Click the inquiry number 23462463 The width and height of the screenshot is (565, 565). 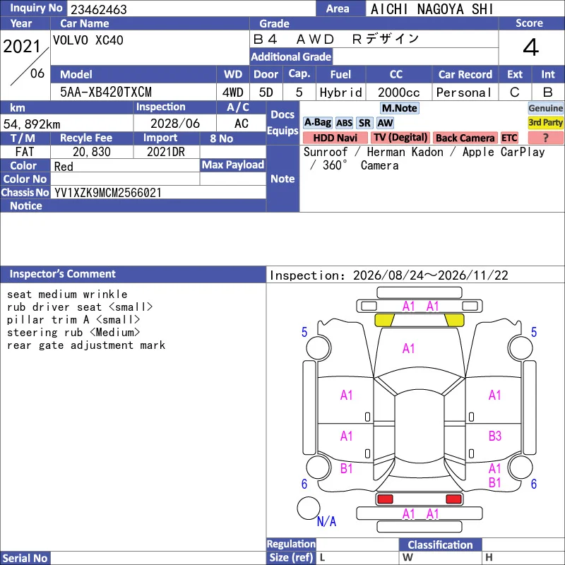point(98,9)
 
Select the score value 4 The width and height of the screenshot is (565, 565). point(531,47)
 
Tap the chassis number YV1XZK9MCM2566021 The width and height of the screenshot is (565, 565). point(108,193)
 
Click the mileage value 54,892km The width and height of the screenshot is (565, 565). point(32,124)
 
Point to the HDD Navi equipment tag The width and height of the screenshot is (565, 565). point(335,138)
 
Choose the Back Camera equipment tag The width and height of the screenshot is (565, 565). point(465,138)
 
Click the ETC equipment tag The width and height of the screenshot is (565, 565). point(509,138)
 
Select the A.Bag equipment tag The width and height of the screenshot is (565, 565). point(317,123)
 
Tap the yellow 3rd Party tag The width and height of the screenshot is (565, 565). point(545,122)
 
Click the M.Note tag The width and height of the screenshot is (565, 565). point(400,108)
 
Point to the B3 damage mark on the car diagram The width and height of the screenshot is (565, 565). point(495,436)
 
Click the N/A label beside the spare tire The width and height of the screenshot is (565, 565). point(326,521)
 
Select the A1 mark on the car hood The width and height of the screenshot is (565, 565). point(409,348)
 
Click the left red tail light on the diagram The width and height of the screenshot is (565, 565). point(385,499)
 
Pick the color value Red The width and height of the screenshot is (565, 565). point(64,167)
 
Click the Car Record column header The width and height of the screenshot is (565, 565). point(465,75)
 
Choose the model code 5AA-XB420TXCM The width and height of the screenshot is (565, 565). point(105,93)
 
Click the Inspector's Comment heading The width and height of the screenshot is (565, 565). point(62,274)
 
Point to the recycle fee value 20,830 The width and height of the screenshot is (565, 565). point(92,152)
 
